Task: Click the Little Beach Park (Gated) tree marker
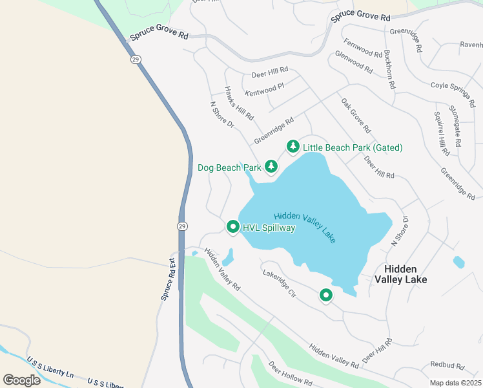(293, 147)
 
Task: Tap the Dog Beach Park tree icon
(271, 167)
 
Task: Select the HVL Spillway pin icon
(232, 227)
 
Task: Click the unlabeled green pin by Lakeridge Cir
(326, 296)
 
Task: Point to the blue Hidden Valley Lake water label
(305, 227)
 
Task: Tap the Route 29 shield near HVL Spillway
(183, 225)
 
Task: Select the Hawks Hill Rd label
(239, 103)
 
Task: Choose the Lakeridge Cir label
(279, 284)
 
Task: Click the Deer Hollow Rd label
(291, 373)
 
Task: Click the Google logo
(21, 380)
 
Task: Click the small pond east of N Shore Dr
(458, 262)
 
